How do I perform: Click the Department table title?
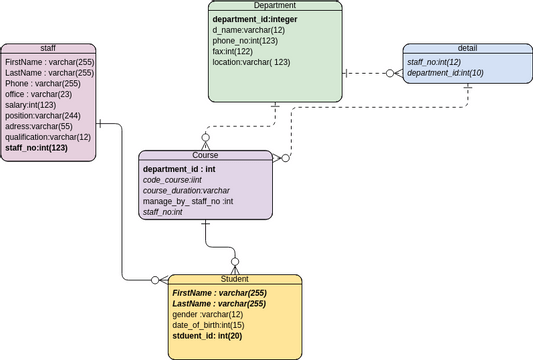point(275,6)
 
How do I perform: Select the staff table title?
point(48,48)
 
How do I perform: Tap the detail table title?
point(467,48)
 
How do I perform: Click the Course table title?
point(205,155)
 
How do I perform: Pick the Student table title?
point(234,279)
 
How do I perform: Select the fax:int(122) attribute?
point(233,51)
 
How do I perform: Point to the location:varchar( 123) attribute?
point(251,62)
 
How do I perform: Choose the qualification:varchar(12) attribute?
point(47,137)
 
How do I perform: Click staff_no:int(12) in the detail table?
point(433,62)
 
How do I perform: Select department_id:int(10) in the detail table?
point(445,73)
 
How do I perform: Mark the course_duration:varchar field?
point(187,190)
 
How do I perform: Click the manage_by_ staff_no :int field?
point(188,201)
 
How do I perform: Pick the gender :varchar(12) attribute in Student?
point(207,314)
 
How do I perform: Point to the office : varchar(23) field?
point(39,94)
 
